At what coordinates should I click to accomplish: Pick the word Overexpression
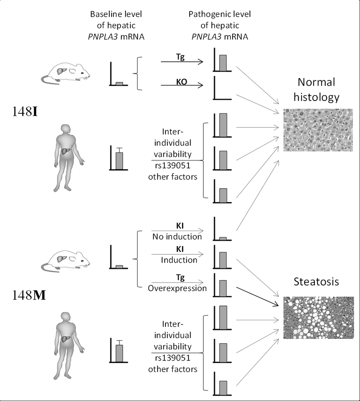(x=177, y=288)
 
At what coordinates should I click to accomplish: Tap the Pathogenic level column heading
(x=218, y=24)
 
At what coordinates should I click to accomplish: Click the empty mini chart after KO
(x=222, y=89)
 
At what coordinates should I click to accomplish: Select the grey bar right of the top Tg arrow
(x=223, y=62)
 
